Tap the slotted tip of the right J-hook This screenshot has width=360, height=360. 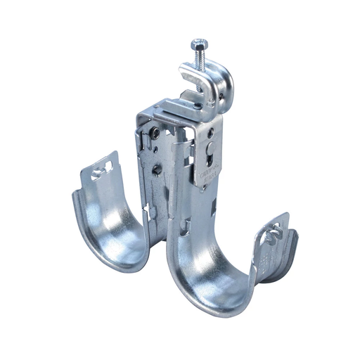[275, 229]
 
